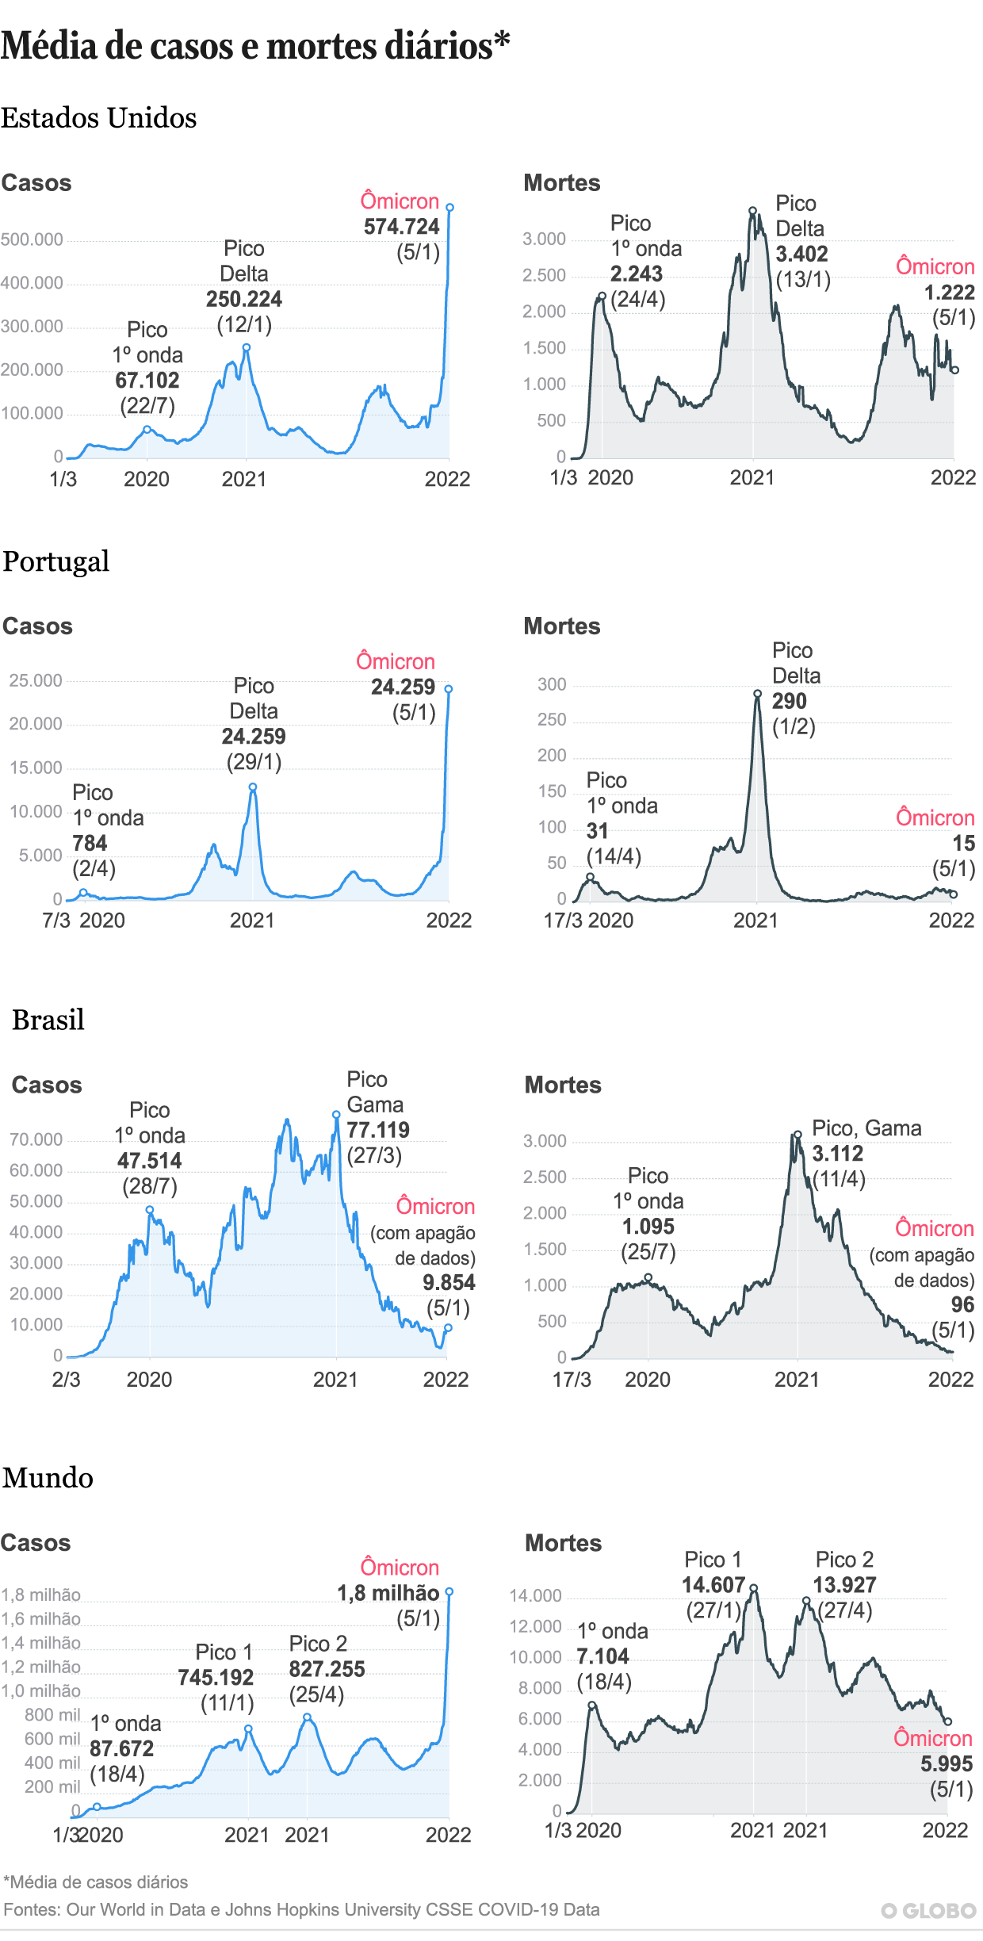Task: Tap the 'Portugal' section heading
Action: coord(55,561)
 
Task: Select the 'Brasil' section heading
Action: coord(48,1020)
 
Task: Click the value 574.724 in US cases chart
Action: coord(401,227)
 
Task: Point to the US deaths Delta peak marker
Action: coord(752,211)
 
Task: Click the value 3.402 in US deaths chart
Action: coord(801,255)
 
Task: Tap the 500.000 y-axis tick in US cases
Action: coord(32,239)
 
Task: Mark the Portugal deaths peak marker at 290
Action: coord(757,694)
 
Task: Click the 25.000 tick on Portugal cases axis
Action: coord(36,680)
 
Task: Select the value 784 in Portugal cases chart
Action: coord(90,844)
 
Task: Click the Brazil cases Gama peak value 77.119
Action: coord(378,1131)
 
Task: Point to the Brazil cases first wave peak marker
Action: coord(150,1211)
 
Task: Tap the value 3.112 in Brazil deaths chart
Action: coord(837,1154)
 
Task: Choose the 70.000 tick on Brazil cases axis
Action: coord(36,1140)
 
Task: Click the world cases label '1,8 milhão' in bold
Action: coord(388,1594)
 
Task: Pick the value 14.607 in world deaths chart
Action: coord(713,1586)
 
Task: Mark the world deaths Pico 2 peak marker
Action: coord(806,1601)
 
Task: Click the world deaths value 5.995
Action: coord(947,1764)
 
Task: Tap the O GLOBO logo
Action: coord(928,1911)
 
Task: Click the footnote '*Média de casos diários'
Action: coord(96,1882)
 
